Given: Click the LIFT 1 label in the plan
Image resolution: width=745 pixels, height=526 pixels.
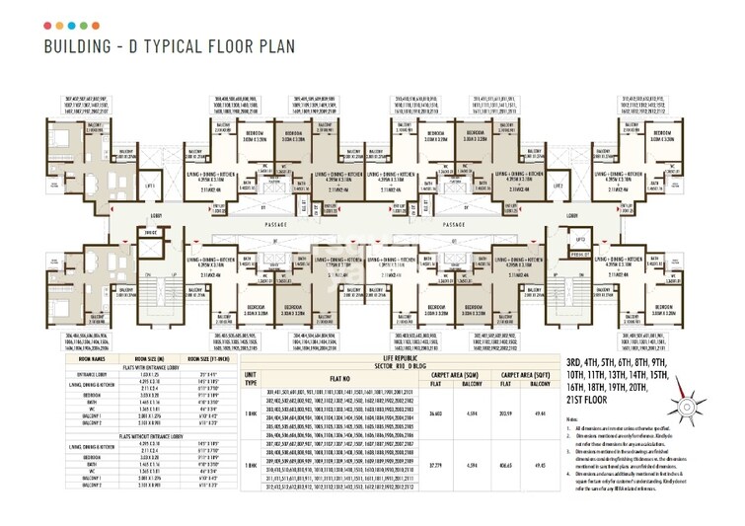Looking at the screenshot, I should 150,186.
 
